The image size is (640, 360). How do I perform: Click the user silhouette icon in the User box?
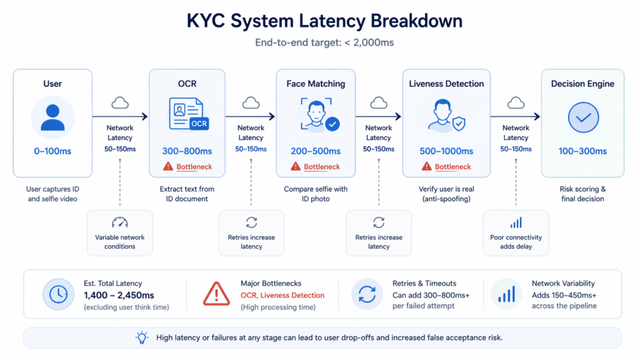tap(52, 117)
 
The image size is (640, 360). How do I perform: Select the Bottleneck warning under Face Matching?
tap(316, 167)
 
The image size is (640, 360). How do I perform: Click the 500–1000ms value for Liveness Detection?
tap(446, 151)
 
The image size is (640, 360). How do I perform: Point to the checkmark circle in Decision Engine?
tap(582, 117)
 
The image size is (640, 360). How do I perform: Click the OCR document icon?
tap(188, 114)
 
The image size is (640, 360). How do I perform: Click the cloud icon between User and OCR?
tap(120, 103)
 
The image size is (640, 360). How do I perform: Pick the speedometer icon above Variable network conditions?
tap(119, 222)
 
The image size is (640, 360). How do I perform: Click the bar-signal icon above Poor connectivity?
tap(516, 222)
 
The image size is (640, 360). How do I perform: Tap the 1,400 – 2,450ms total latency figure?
tap(119, 295)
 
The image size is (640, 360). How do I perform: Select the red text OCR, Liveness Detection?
tap(282, 295)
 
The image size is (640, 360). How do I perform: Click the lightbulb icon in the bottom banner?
tap(142, 337)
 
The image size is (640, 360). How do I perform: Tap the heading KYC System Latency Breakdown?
tap(324, 21)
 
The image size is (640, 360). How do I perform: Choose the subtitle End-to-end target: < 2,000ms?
tap(324, 43)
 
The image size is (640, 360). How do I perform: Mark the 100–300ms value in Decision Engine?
tap(582, 151)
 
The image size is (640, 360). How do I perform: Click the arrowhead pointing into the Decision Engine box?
tap(536, 116)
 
